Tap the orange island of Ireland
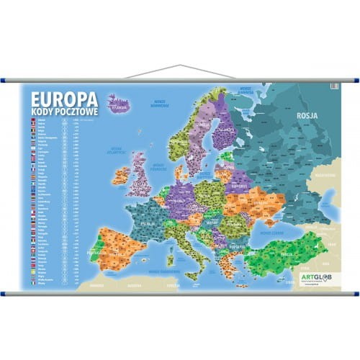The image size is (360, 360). [120, 175]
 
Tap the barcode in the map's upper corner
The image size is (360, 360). [333, 86]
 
